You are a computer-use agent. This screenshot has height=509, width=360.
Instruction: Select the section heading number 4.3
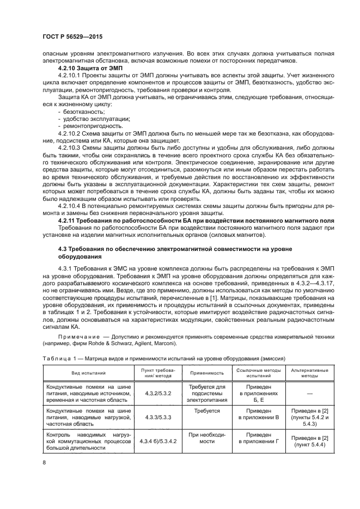(x=63, y=248)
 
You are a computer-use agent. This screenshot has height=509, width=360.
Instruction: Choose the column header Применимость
(x=206, y=373)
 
